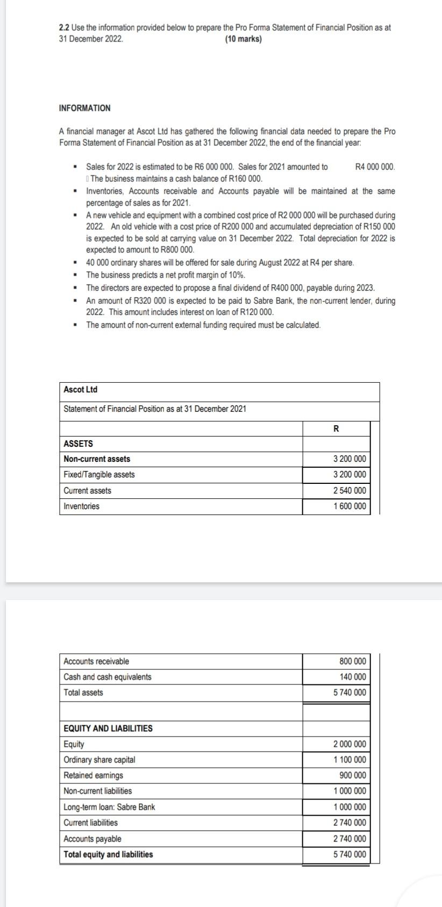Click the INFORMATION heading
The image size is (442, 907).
84,108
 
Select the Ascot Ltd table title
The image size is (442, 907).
80,389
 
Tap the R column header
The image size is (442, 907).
336,428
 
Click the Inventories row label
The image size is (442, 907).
81,506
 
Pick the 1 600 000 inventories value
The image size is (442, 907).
350,506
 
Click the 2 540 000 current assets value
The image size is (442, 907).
350,490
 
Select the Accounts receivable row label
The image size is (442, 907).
96,661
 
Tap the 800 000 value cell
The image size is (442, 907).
353,661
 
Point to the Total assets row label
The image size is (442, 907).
83,692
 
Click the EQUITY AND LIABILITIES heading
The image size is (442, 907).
108,729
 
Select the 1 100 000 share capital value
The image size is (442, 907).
350,760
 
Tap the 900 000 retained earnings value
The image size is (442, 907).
353,775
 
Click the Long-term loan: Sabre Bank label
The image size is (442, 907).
109,807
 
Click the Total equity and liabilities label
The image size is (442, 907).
108,854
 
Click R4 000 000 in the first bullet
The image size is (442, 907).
375,167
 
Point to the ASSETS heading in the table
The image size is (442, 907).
78,444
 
